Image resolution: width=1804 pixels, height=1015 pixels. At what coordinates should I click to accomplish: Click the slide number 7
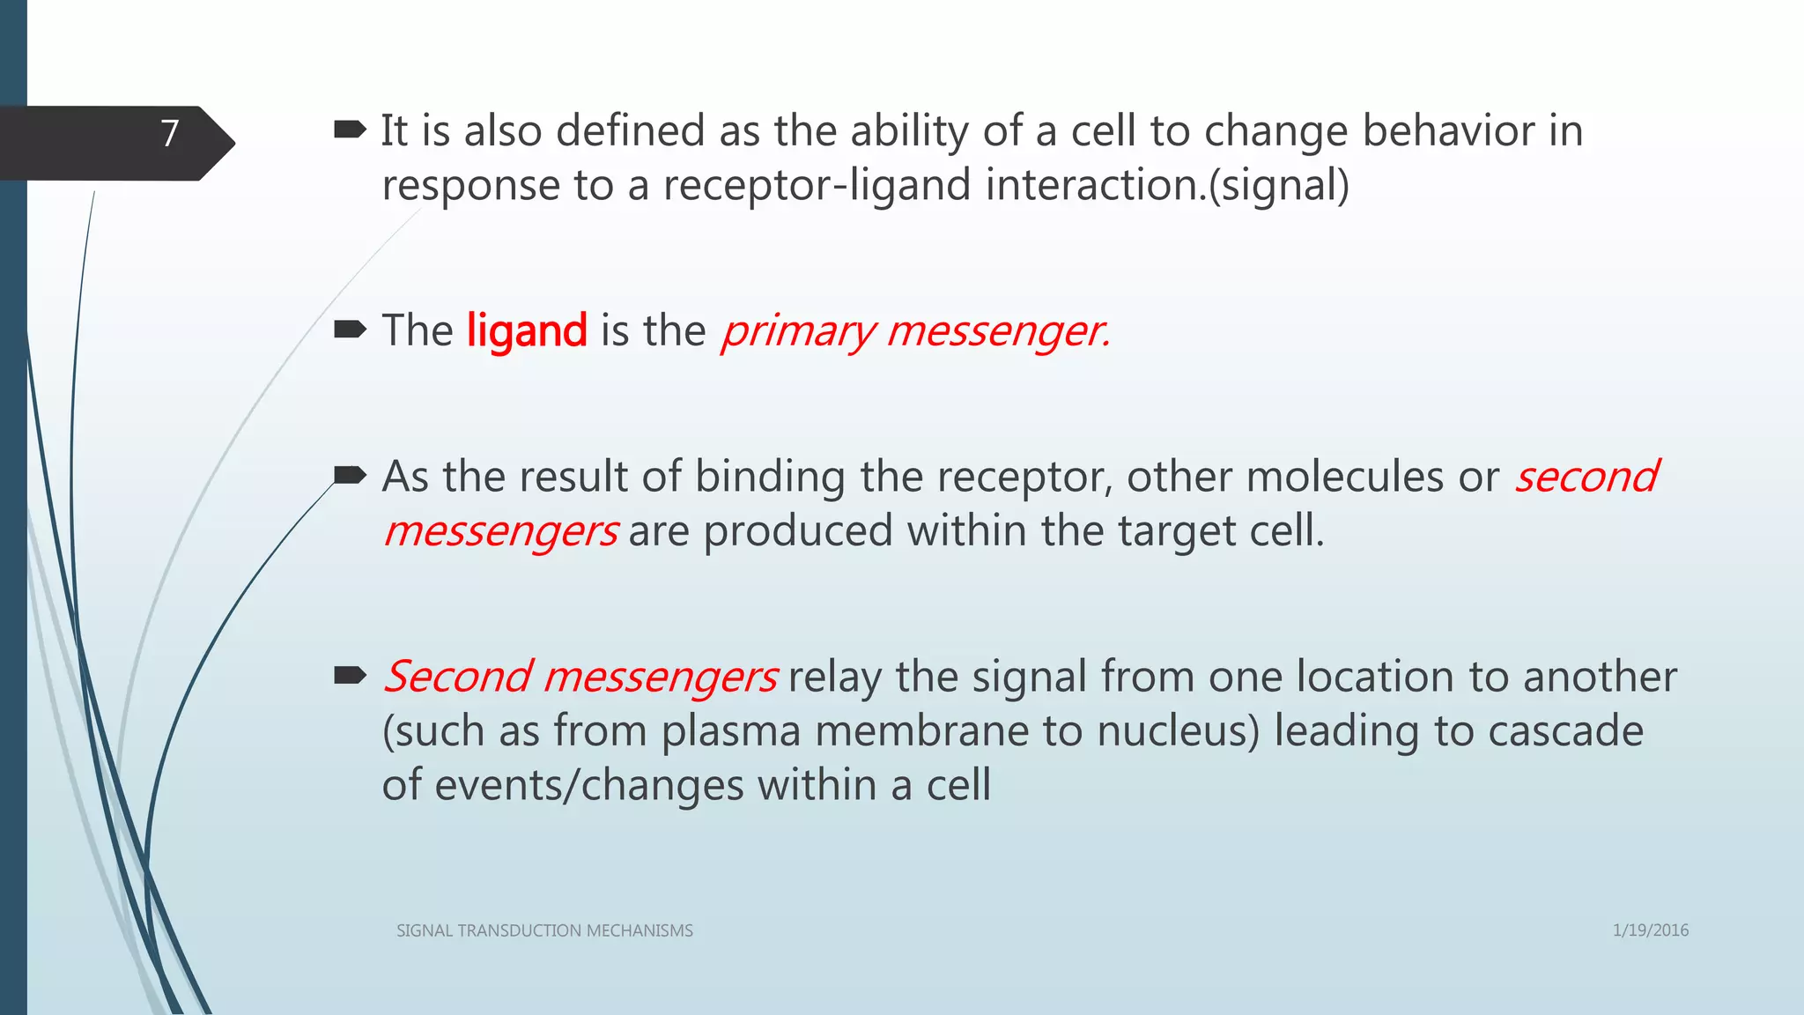[x=170, y=134]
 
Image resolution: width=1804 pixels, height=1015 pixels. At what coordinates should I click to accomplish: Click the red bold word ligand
[x=527, y=331]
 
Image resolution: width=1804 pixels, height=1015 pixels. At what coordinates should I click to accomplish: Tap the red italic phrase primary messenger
[x=915, y=331]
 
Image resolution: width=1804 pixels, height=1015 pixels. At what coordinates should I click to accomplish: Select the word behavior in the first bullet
[x=1448, y=131]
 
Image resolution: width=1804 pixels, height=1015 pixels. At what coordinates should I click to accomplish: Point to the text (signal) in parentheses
[x=1279, y=186]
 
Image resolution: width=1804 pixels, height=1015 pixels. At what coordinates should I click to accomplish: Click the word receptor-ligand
[x=817, y=186]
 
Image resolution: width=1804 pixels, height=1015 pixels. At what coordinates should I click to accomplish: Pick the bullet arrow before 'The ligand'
[x=350, y=330]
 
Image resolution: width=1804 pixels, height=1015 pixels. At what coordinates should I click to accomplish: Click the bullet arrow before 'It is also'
[x=350, y=131]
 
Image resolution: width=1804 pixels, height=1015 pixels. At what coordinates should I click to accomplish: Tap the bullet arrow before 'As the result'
[x=350, y=477]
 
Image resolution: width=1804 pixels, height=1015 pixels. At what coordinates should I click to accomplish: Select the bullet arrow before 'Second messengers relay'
[x=350, y=677]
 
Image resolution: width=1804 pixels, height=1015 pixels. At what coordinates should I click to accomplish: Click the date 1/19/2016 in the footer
[x=1650, y=930]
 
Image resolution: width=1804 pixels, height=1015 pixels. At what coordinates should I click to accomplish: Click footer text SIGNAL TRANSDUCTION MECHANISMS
[x=544, y=930]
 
